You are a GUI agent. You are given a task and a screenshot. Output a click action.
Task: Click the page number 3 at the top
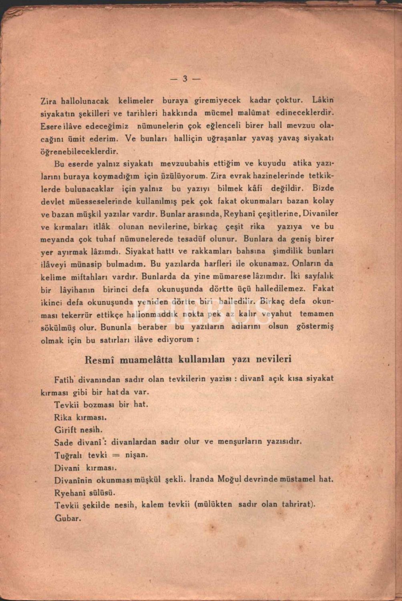coord(185,79)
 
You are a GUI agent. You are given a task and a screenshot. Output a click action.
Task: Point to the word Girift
coord(64,430)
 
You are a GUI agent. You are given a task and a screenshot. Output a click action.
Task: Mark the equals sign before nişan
coord(116,456)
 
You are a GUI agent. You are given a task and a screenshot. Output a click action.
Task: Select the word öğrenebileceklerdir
coord(80,152)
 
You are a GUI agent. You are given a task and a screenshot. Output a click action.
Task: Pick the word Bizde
coord(324,188)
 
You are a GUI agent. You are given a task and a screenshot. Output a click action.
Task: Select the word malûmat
coord(255,113)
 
